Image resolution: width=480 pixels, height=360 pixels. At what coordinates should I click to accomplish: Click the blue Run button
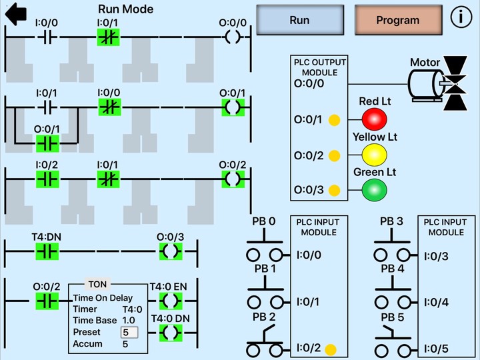pyautogui.click(x=300, y=20)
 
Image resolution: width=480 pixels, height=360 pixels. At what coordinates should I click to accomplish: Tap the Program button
pyautogui.click(x=398, y=20)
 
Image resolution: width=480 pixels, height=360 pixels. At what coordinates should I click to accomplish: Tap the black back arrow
pyautogui.click(x=15, y=13)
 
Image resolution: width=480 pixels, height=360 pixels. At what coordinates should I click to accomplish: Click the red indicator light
pyautogui.click(x=374, y=119)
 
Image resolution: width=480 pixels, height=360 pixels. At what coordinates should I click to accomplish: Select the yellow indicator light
pyautogui.click(x=374, y=155)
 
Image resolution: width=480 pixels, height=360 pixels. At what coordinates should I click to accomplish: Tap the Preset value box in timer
pyautogui.click(x=129, y=332)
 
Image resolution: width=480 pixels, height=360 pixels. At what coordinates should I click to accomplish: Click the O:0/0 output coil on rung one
pyautogui.click(x=232, y=37)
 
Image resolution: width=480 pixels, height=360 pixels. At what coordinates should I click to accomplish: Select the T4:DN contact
pyautogui.click(x=47, y=251)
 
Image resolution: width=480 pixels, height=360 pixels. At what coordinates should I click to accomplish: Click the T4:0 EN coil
pyautogui.click(x=171, y=301)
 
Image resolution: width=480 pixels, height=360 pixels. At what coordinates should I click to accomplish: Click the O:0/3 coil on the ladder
pyautogui.click(x=171, y=251)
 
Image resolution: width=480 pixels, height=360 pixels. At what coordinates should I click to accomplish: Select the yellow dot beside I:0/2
pyautogui.click(x=331, y=349)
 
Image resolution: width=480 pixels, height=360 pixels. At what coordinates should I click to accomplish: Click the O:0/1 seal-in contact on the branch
pyautogui.click(x=47, y=143)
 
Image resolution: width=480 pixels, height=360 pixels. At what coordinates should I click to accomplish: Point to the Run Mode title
pyautogui.click(x=125, y=9)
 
